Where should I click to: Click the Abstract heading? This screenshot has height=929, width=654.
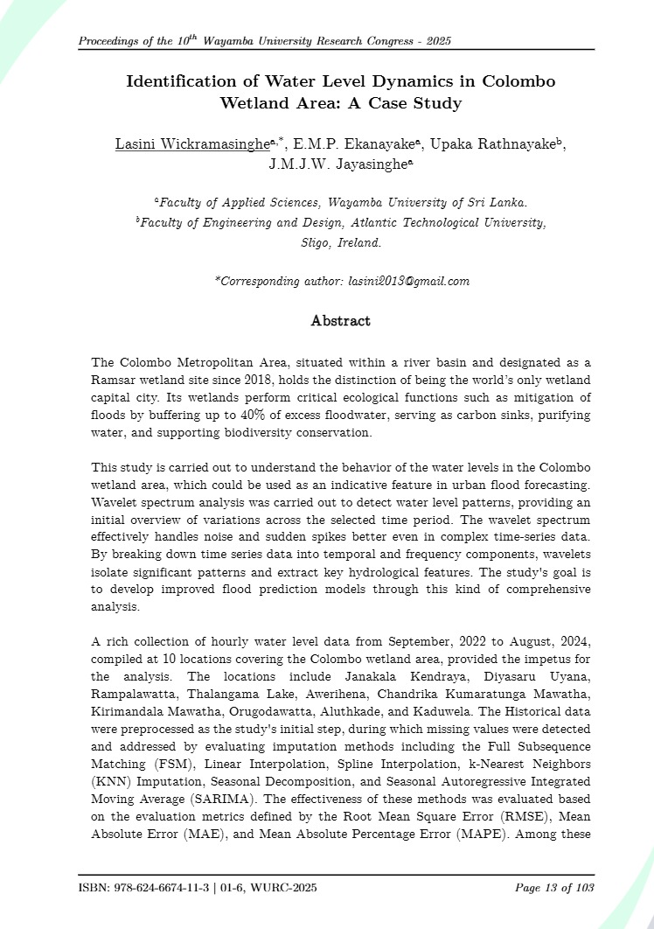[341, 321]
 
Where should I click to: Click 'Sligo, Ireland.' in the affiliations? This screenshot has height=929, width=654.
[341, 243]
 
